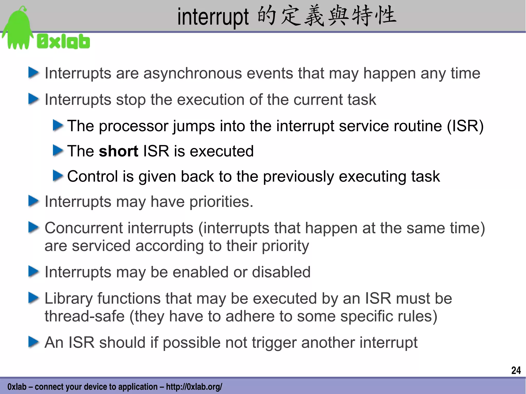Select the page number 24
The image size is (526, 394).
[516, 370]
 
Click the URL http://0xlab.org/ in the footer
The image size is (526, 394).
[194, 387]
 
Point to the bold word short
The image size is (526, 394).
[118, 151]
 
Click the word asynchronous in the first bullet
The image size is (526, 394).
[192, 73]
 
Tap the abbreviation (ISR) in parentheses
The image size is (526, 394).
[465, 126]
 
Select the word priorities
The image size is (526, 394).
[221, 201]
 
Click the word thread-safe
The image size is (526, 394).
[84, 316]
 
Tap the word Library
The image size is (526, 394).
[69, 298]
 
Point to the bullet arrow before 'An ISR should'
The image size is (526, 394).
[33, 342]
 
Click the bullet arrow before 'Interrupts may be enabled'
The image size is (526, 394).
[33, 272]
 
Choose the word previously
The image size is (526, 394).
[298, 176]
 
